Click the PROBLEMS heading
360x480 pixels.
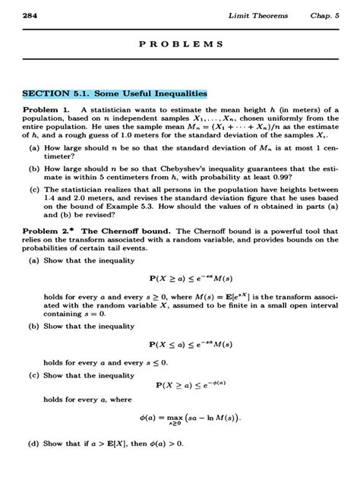[181, 45]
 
